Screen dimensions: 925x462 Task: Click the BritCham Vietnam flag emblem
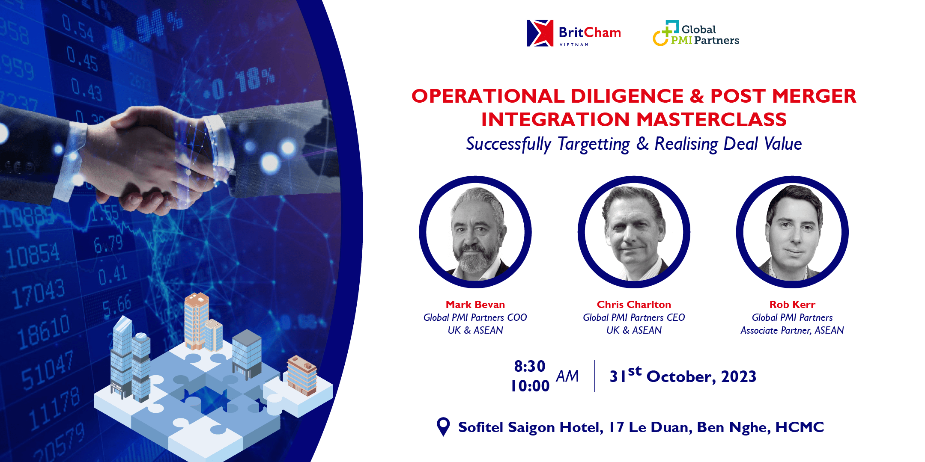click(x=540, y=33)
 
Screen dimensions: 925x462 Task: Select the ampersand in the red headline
click(x=697, y=96)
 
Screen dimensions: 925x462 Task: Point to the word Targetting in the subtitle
click(x=594, y=144)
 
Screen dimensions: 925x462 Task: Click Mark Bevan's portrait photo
click(x=475, y=232)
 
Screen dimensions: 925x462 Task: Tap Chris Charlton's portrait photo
click(x=634, y=232)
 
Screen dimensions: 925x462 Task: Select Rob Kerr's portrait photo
click(x=792, y=232)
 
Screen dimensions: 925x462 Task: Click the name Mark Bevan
click(x=475, y=305)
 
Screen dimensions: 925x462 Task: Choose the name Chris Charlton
click(x=634, y=305)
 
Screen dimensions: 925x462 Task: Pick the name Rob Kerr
click(x=792, y=305)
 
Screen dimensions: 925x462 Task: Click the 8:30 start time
click(x=530, y=366)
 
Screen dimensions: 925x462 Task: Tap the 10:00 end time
click(x=530, y=386)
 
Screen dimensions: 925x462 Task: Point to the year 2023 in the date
click(x=739, y=376)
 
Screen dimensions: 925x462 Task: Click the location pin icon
click(x=443, y=426)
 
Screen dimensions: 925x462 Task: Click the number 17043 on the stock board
click(x=39, y=294)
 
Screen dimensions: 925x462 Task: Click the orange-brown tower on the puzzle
click(x=197, y=320)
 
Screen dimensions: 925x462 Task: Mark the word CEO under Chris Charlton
click(x=676, y=317)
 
